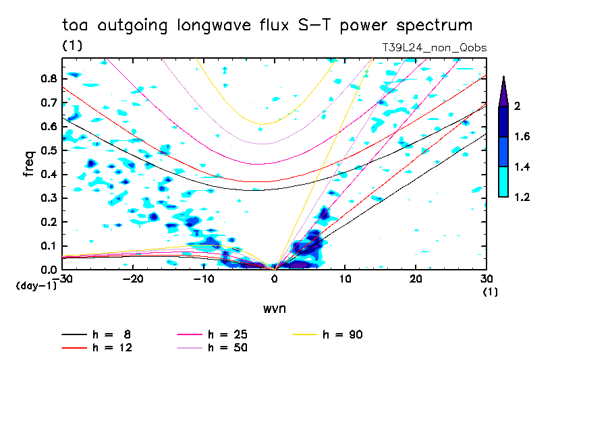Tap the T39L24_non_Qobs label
point(434,48)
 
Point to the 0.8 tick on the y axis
point(48,78)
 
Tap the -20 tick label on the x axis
point(133,279)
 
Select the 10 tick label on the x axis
point(345,279)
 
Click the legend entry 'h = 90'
point(343,334)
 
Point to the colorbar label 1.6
point(521,137)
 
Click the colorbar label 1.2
point(521,197)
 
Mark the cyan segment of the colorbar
point(503,181)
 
